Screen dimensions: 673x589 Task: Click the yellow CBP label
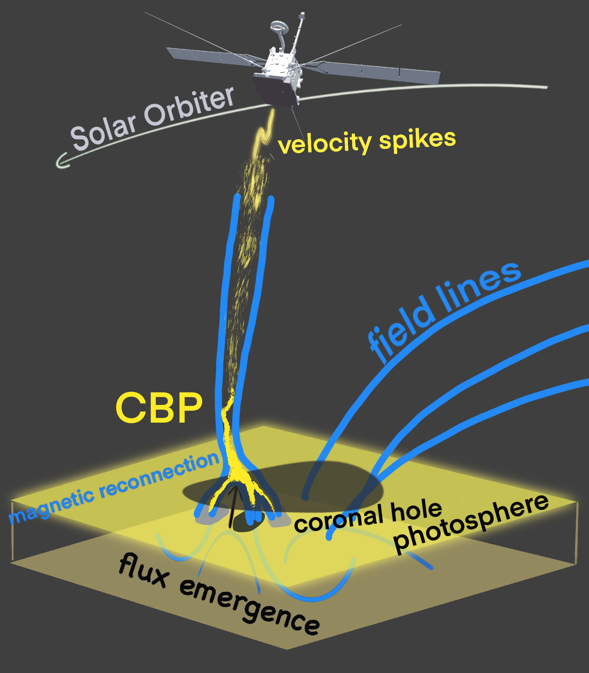tap(159, 408)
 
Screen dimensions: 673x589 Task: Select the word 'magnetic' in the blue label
tap(52, 505)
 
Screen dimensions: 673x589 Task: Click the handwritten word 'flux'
tap(144, 570)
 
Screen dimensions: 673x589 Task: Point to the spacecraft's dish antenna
tap(279, 27)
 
